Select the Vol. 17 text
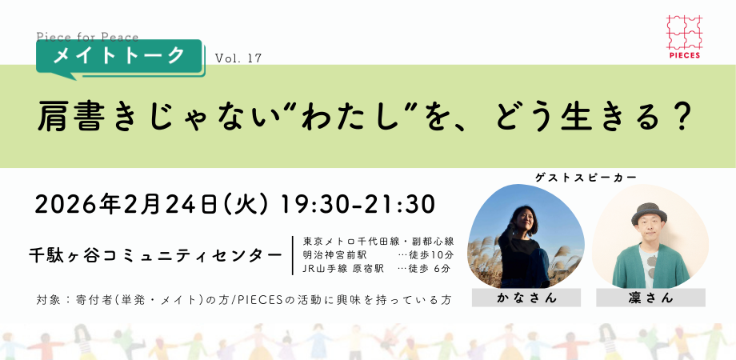click(238, 58)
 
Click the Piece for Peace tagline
click(87, 36)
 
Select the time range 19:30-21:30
click(357, 203)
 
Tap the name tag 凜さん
click(650, 298)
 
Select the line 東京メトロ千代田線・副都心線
click(378, 240)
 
